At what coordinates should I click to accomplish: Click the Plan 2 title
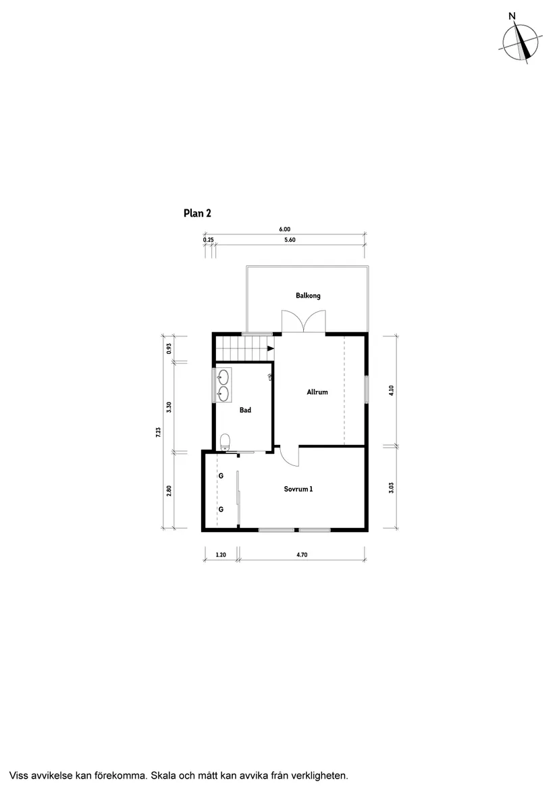(198, 213)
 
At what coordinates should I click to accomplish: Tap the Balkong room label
(307, 296)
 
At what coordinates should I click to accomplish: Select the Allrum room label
(317, 392)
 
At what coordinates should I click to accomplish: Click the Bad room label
(245, 410)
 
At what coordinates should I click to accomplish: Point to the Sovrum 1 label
(298, 489)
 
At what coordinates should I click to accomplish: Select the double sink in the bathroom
(223, 385)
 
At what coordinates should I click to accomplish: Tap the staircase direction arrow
(270, 349)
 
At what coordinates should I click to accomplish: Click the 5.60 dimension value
(290, 240)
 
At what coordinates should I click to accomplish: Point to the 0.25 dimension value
(208, 240)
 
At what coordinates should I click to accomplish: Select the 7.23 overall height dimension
(158, 432)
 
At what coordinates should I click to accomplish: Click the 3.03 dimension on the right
(391, 488)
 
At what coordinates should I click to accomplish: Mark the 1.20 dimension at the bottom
(220, 554)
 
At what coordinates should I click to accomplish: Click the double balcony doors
(304, 322)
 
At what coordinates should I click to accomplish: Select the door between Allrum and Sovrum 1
(288, 456)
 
